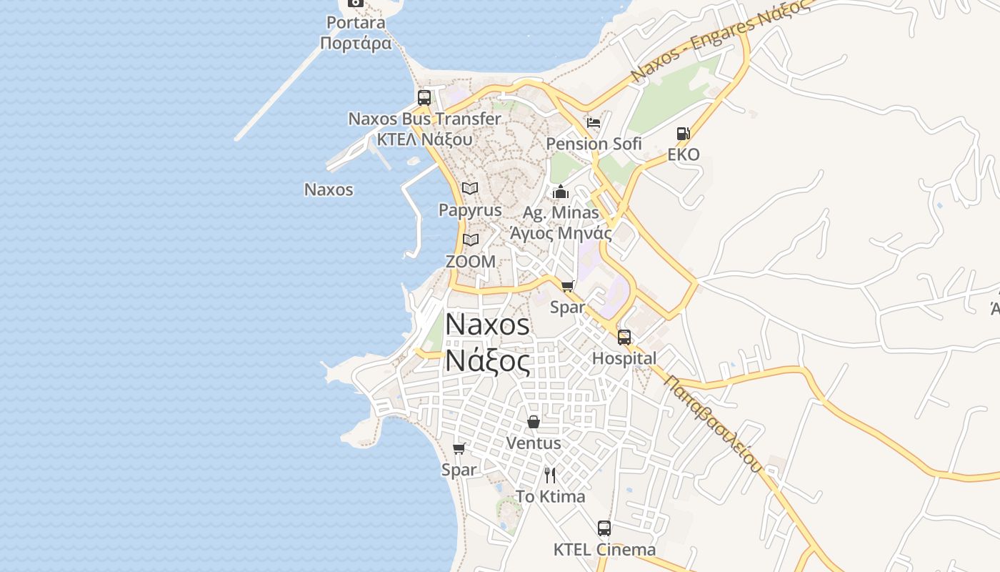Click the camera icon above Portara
click(x=355, y=2)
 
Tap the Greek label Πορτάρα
click(x=356, y=44)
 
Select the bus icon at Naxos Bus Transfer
click(x=424, y=98)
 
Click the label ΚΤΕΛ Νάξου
click(x=424, y=139)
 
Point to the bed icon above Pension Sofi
click(x=594, y=122)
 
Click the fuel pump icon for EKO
click(x=683, y=134)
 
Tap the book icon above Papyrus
click(x=469, y=188)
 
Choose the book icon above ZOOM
click(x=470, y=240)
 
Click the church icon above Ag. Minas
click(x=561, y=192)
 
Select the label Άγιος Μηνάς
click(x=560, y=233)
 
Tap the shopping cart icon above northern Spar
click(x=568, y=287)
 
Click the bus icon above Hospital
click(x=624, y=337)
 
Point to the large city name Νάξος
click(x=488, y=362)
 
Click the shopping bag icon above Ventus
click(x=533, y=422)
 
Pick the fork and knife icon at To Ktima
click(x=550, y=475)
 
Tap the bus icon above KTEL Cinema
click(x=604, y=529)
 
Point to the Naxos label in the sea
click(x=329, y=189)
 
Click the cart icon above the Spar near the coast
click(x=459, y=449)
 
